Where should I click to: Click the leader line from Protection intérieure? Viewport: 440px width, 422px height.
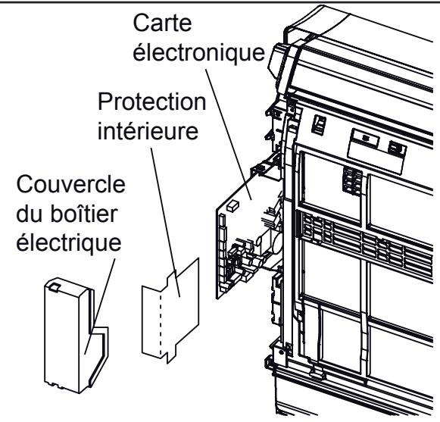pos(166,220)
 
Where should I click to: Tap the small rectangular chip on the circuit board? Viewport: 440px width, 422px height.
pos(234,203)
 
